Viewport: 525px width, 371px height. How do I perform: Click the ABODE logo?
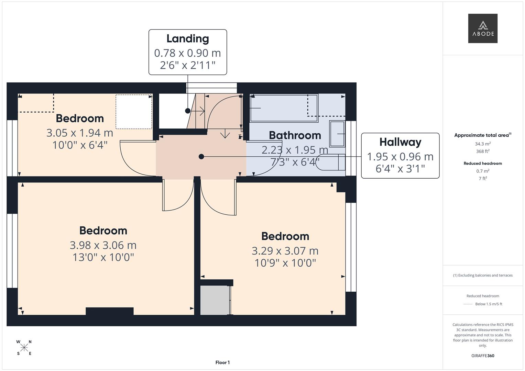483,28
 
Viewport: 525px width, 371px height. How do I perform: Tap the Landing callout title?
187,38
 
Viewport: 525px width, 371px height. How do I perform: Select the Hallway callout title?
400,142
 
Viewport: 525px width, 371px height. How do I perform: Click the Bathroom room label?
295,135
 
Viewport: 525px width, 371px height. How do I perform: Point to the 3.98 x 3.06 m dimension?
103,245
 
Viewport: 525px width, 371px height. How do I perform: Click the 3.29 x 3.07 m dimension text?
285,251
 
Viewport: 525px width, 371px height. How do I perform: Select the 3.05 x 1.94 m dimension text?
80,133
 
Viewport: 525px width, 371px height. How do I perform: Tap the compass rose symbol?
24,348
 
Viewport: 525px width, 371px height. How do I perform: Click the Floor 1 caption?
222,362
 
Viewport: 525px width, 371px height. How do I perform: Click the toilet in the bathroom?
331,162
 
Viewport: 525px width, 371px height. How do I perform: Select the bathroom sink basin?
337,134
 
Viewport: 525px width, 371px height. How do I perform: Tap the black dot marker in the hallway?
201,157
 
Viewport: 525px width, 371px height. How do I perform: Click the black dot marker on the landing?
188,111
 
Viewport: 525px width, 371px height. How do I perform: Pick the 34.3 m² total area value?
483,144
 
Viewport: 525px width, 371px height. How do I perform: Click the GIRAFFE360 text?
483,356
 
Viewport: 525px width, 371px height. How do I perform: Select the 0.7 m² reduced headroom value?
483,171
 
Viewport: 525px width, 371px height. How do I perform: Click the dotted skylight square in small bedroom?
134,112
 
